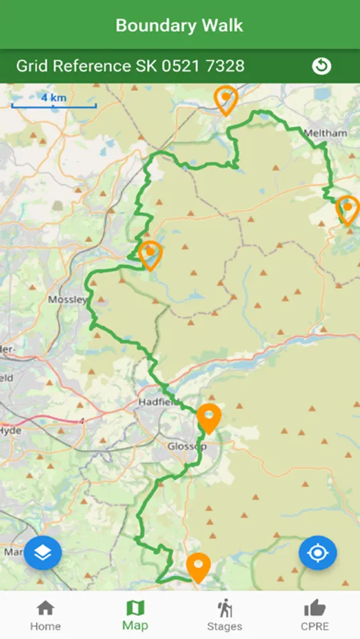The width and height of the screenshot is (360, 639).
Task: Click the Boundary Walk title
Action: (179, 26)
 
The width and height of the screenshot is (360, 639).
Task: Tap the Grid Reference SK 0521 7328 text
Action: (130, 66)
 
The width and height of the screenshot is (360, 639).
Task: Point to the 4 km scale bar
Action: (53, 104)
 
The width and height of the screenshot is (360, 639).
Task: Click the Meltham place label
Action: (325, 133)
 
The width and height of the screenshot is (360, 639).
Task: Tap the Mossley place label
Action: (67, 300)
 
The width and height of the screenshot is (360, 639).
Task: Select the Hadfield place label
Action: (156, 402)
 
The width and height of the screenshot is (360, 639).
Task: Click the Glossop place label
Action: (185, 446)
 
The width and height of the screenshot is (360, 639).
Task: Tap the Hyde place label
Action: (11, 430)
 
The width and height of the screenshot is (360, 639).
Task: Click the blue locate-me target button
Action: (317, 552)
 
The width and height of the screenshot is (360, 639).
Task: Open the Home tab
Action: (45, 615)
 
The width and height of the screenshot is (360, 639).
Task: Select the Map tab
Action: (135, 615)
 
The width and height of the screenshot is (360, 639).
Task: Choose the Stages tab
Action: (224, 615)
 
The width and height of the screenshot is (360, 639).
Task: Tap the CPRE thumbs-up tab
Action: (315, 615)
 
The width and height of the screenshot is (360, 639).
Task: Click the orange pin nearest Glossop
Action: (209, 417)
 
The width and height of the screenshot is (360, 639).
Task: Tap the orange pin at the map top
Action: (226, 99)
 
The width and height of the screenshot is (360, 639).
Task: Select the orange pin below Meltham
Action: (347, 209)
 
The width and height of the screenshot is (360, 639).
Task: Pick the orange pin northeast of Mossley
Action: (150, 254)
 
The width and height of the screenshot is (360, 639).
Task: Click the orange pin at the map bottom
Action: (198, 567)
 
